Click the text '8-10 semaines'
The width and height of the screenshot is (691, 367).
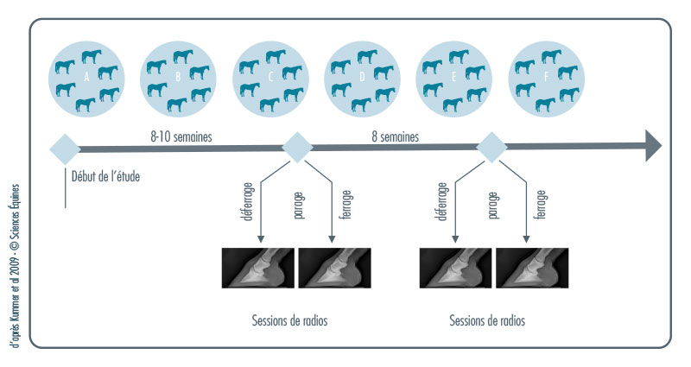[181, 136]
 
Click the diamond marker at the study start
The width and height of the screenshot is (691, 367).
[66, 148]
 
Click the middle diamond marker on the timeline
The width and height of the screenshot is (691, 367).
[296, 148]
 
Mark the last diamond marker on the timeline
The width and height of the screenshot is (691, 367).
[491, 148]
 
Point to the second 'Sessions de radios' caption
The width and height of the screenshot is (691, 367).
[487, 320]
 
